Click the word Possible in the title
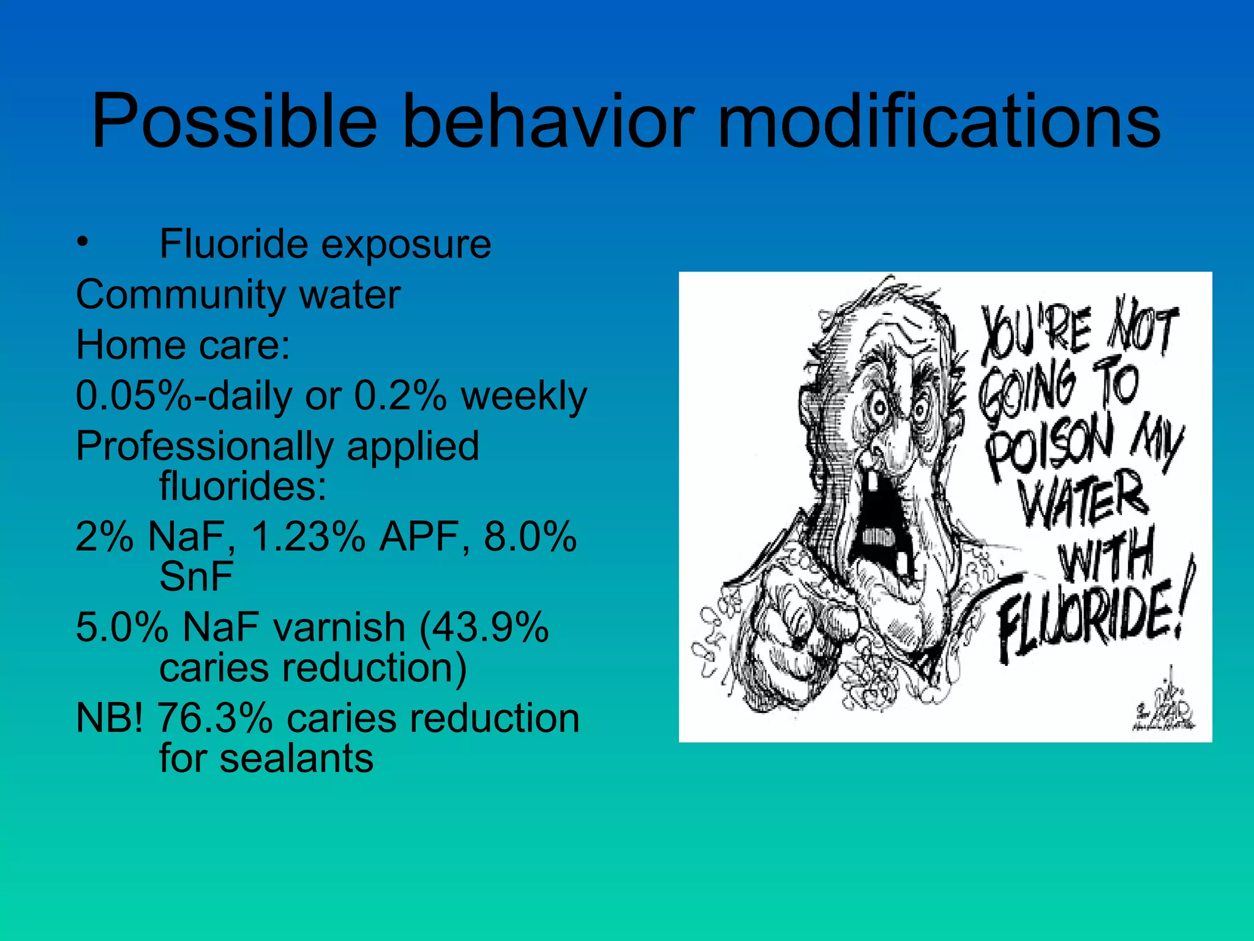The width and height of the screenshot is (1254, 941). pos(234,121)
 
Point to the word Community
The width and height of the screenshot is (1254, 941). pos(180,295)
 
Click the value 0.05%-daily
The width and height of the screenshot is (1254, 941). pos(184,396)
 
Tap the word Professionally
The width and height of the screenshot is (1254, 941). pos(205,446)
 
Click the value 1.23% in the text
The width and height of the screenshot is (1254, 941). pos(308,537)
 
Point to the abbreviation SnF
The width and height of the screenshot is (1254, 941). pos(196,576)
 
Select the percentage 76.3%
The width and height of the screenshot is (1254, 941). pos(215,718)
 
